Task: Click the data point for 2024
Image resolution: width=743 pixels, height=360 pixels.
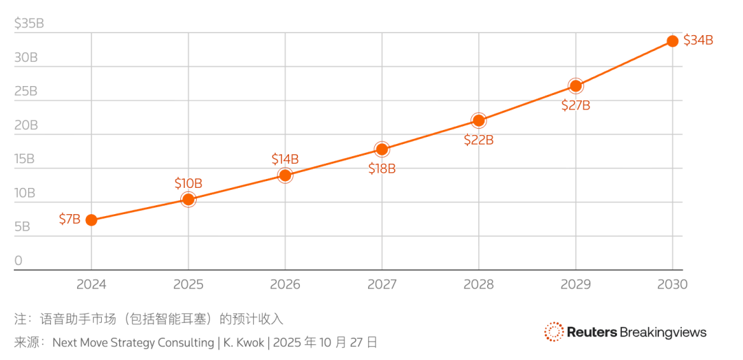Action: (91, 220)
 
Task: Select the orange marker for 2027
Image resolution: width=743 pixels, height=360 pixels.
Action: (382, 149)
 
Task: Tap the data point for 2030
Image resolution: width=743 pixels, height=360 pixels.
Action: (672, 41)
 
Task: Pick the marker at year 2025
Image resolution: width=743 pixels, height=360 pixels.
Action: (188, 200)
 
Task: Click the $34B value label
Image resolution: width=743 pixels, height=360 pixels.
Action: (698, 40)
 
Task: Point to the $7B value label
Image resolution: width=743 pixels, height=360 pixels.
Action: (69, 220)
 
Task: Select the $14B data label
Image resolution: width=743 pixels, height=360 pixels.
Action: (285, 159)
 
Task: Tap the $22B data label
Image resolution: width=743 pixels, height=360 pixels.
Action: (479, 140)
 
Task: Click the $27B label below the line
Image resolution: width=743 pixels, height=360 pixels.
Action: (576, 105)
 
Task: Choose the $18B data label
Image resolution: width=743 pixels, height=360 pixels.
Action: (382, 169)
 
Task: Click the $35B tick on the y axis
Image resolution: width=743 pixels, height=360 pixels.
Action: (29, 23)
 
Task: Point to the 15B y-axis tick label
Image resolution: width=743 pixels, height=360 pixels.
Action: (25, 159)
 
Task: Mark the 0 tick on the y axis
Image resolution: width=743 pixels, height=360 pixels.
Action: (19, 261)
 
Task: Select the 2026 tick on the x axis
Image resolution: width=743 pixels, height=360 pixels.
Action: (285, 284)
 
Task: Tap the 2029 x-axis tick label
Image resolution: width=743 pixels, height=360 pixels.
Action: (575, 284)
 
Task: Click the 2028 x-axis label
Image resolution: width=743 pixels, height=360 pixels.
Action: (479, 284)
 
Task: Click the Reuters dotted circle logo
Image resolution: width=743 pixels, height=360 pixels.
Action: (554, 332)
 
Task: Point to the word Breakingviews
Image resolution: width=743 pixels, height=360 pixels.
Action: (663, 332)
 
